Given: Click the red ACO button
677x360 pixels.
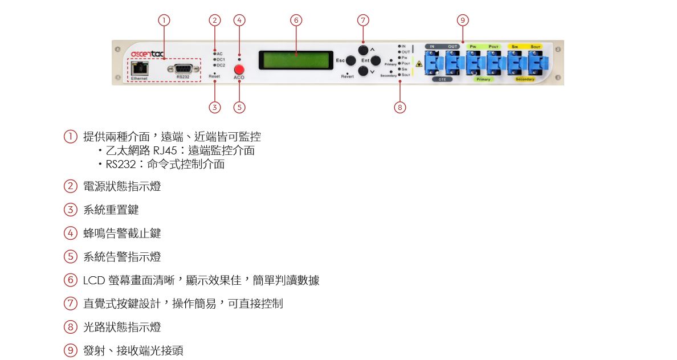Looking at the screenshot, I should [239, 69].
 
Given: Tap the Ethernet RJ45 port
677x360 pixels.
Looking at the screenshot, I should [139, 68].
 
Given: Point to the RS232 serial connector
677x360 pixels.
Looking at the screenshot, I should [183, 69].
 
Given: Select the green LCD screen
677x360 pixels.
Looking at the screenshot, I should [296, 60].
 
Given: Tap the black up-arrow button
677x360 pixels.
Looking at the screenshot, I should [364, 48].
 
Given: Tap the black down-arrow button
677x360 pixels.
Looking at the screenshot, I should [364, 72].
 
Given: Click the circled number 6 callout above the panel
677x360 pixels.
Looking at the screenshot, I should [296, 21].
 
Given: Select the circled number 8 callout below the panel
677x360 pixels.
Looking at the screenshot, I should [400, 107].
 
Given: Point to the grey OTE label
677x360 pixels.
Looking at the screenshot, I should [442, 79].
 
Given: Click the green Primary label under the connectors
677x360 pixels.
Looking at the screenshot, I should [483, 79].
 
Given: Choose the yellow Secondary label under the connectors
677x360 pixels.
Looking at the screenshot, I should [525, 79].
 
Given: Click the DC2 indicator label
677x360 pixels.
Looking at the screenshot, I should [221, 65].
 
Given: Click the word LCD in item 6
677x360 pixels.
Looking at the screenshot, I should [93, 280].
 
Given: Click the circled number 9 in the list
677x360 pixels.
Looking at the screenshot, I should [70, 350].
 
